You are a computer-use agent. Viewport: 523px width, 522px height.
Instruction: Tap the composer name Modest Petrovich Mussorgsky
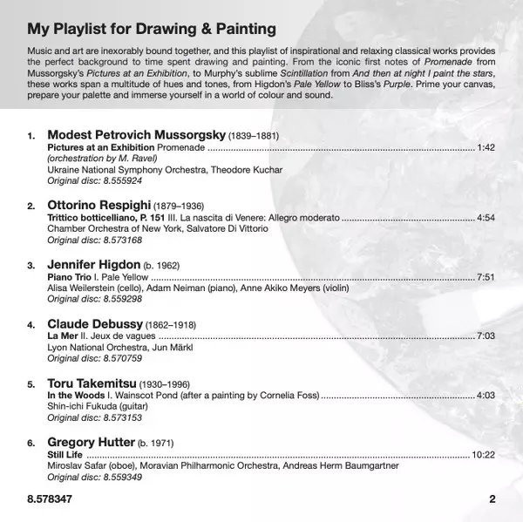(136, 136)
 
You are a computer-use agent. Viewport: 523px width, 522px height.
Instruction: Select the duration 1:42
(486, 148)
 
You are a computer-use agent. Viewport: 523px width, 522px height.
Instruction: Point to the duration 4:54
(486, 217)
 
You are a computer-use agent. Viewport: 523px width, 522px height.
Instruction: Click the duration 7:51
(486, 276)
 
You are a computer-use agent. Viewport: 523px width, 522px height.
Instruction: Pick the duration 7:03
(486, 336)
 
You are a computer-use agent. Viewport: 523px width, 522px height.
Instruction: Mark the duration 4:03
(486, 395)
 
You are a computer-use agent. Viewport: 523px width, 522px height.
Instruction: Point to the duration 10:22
(483, 454)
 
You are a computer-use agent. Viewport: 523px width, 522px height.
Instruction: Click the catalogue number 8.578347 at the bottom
(50, 499)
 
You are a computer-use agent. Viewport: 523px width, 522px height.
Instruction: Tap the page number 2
(492, 499)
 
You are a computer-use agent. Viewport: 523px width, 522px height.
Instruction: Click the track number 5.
(31, 383)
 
